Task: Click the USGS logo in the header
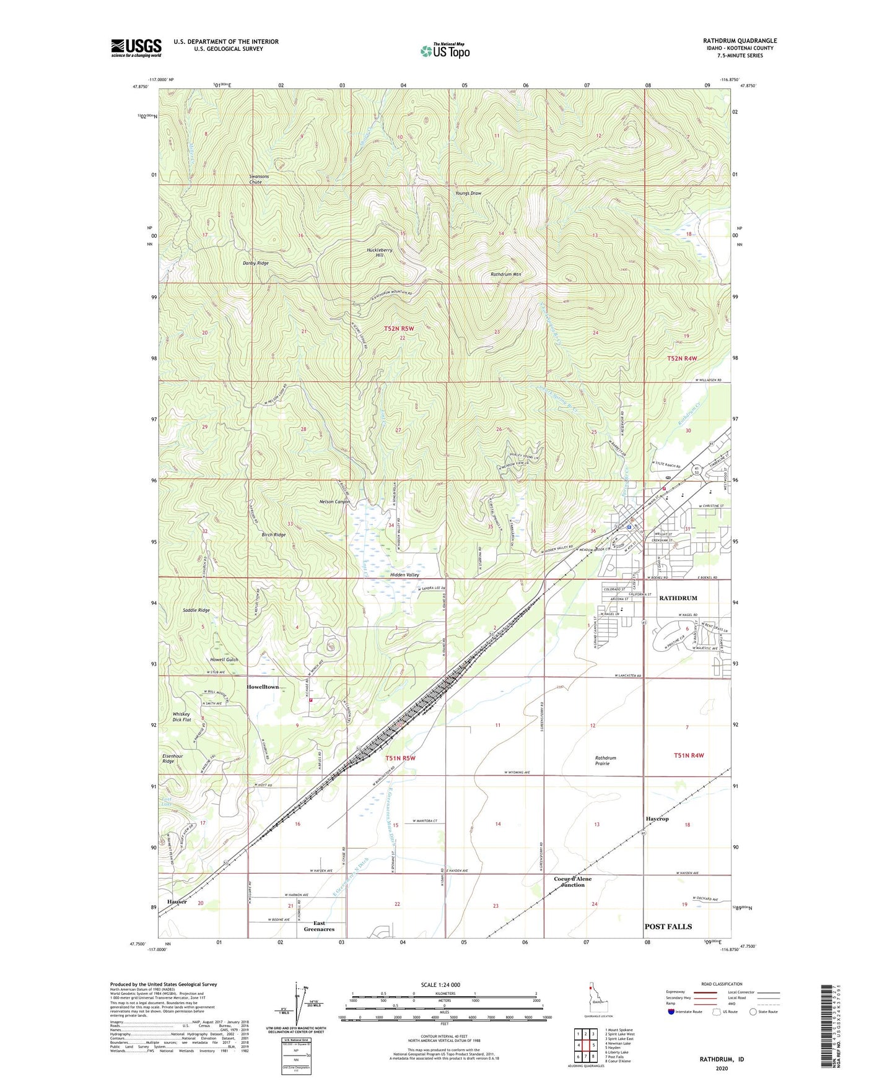coord(136,48)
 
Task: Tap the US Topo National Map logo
coord(445,50)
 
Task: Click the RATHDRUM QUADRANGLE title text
coord(740,41)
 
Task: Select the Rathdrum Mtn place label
coord(505,274)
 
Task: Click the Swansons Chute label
coord(255,180)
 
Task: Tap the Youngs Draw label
coord(468,193)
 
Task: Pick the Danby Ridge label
coord(255,263)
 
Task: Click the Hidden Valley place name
coord(404,575)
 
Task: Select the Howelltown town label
coord(263,687)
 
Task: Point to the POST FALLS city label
coord(668,926)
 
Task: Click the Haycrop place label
coord(657,818)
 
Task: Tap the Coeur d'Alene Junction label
coord(572,882)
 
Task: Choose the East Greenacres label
coord(319,926)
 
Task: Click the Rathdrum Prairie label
coord(605,761)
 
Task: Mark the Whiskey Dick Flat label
coord(182,717)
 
